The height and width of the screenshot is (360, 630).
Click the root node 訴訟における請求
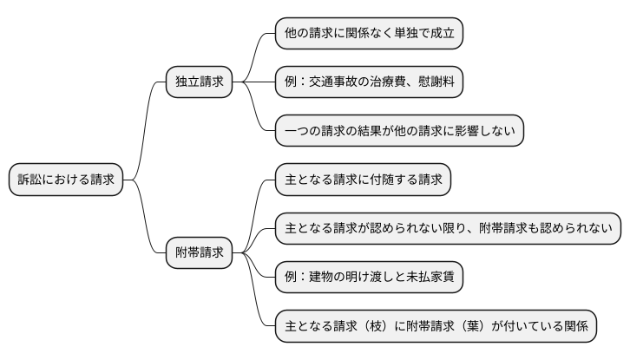point(66,180)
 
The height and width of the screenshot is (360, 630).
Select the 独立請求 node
point(199,82)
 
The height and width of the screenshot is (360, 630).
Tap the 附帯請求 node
point(199,253)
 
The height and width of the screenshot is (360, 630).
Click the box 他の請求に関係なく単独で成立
point(369,35)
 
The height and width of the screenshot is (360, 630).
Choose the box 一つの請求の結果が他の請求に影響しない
point(399,130)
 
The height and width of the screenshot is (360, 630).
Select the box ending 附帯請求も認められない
point(448,229)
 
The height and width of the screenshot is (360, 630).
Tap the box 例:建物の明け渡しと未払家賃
point(369,278)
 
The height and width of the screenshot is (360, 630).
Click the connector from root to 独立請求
point(145,130)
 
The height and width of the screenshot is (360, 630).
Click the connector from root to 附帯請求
point(145,217)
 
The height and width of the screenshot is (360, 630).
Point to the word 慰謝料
point(441,82)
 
